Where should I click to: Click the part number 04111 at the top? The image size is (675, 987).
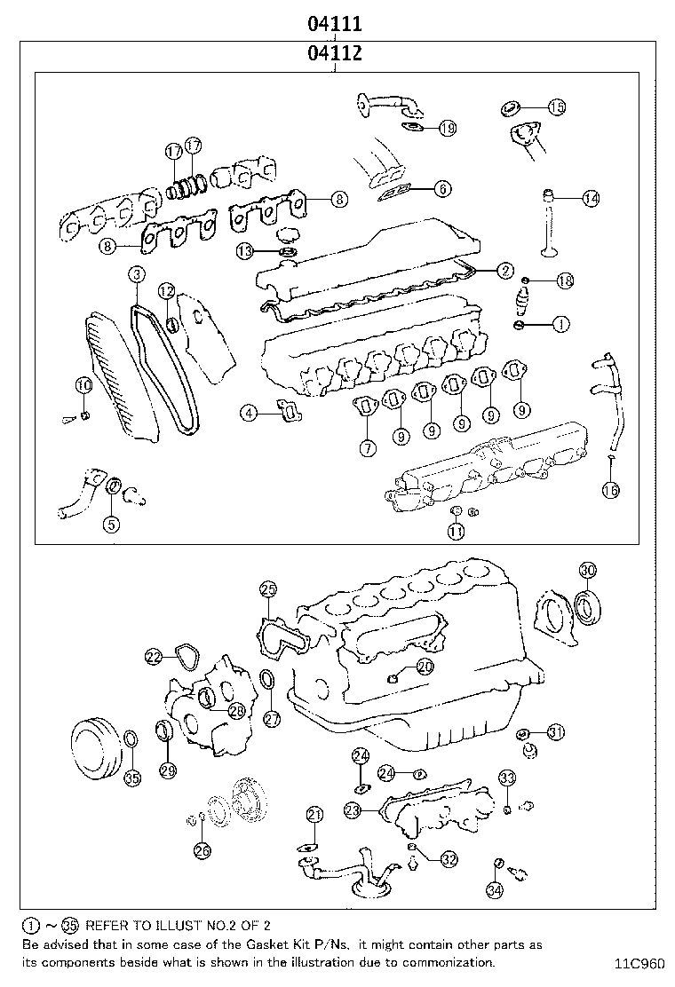(x=334, y=23)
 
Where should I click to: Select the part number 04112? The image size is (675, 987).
(x=334, y=53)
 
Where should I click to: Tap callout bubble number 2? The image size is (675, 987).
(x=504, y=271)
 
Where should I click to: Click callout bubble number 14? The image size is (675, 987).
(x=591, y=199)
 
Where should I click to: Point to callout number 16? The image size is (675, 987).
(x=610, y=489)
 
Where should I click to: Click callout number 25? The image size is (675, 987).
(x=268, y=589)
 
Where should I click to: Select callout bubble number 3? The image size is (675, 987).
(x=136, y=275)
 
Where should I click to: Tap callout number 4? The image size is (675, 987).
(x=250, y=412)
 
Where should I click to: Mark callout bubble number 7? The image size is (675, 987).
(x=367, y=449)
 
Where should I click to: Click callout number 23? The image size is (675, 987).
(x=353, y=809)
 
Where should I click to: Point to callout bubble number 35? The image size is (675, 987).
(x=131, y=778)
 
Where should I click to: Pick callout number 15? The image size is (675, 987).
(x=556, y=107)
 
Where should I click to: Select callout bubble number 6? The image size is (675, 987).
(x=442, y=188)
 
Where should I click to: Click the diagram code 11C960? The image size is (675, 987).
(x=638, y=962)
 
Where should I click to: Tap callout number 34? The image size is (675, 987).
(x=496, y=888)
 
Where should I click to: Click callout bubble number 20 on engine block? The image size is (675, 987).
(x=425, y=666)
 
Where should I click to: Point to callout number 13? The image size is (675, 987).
(x=246, y=251)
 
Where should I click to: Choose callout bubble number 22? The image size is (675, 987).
(x=154, y=657)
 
